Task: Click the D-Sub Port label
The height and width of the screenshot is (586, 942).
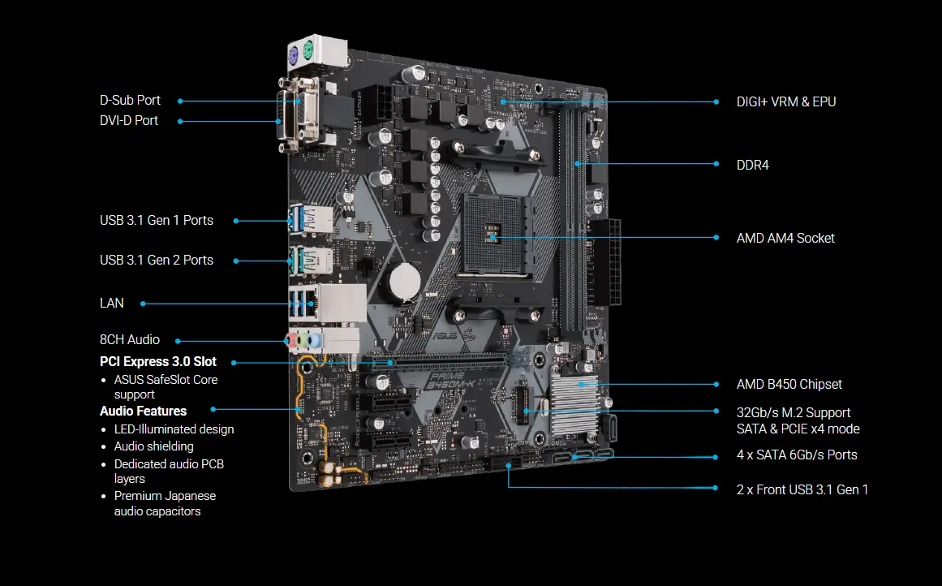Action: tap(130, 101)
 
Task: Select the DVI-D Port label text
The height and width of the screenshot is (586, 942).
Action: tap(129, 121)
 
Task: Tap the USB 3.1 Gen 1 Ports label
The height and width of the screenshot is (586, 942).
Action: tap(157, 220)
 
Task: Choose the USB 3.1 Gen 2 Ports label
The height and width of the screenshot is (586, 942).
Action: tap(157, 260)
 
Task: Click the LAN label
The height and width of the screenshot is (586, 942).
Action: tap(112, 303)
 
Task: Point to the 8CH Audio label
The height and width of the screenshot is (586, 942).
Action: tap(130, 340)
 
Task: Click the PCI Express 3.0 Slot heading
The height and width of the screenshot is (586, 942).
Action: tap(157, 362)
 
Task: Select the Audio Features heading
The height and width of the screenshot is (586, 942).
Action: tap(143, 411)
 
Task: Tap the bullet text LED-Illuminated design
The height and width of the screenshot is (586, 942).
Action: tap(174, 429)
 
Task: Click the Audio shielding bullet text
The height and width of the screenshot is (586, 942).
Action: tap(153, 446)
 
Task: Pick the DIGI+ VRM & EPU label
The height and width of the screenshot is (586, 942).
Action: tap(785, 101)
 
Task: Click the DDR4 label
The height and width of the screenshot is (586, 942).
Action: tap(752, 165)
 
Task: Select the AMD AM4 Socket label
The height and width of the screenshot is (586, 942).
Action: tap(785, 238)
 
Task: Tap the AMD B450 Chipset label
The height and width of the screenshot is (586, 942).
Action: tap(789, 384)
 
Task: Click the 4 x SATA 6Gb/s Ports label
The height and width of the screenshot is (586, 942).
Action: tap(796, 455)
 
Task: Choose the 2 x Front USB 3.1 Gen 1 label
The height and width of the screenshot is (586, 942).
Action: tap(802, 489)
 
